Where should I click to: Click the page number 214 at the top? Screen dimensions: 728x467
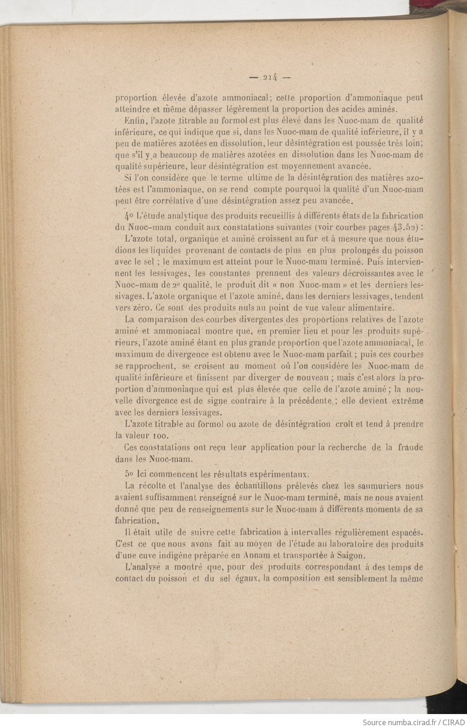click(x=269, y=78)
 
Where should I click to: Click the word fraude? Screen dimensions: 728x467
click(x=410, y=448)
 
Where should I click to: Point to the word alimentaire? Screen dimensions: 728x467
click(x=369, y=308)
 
